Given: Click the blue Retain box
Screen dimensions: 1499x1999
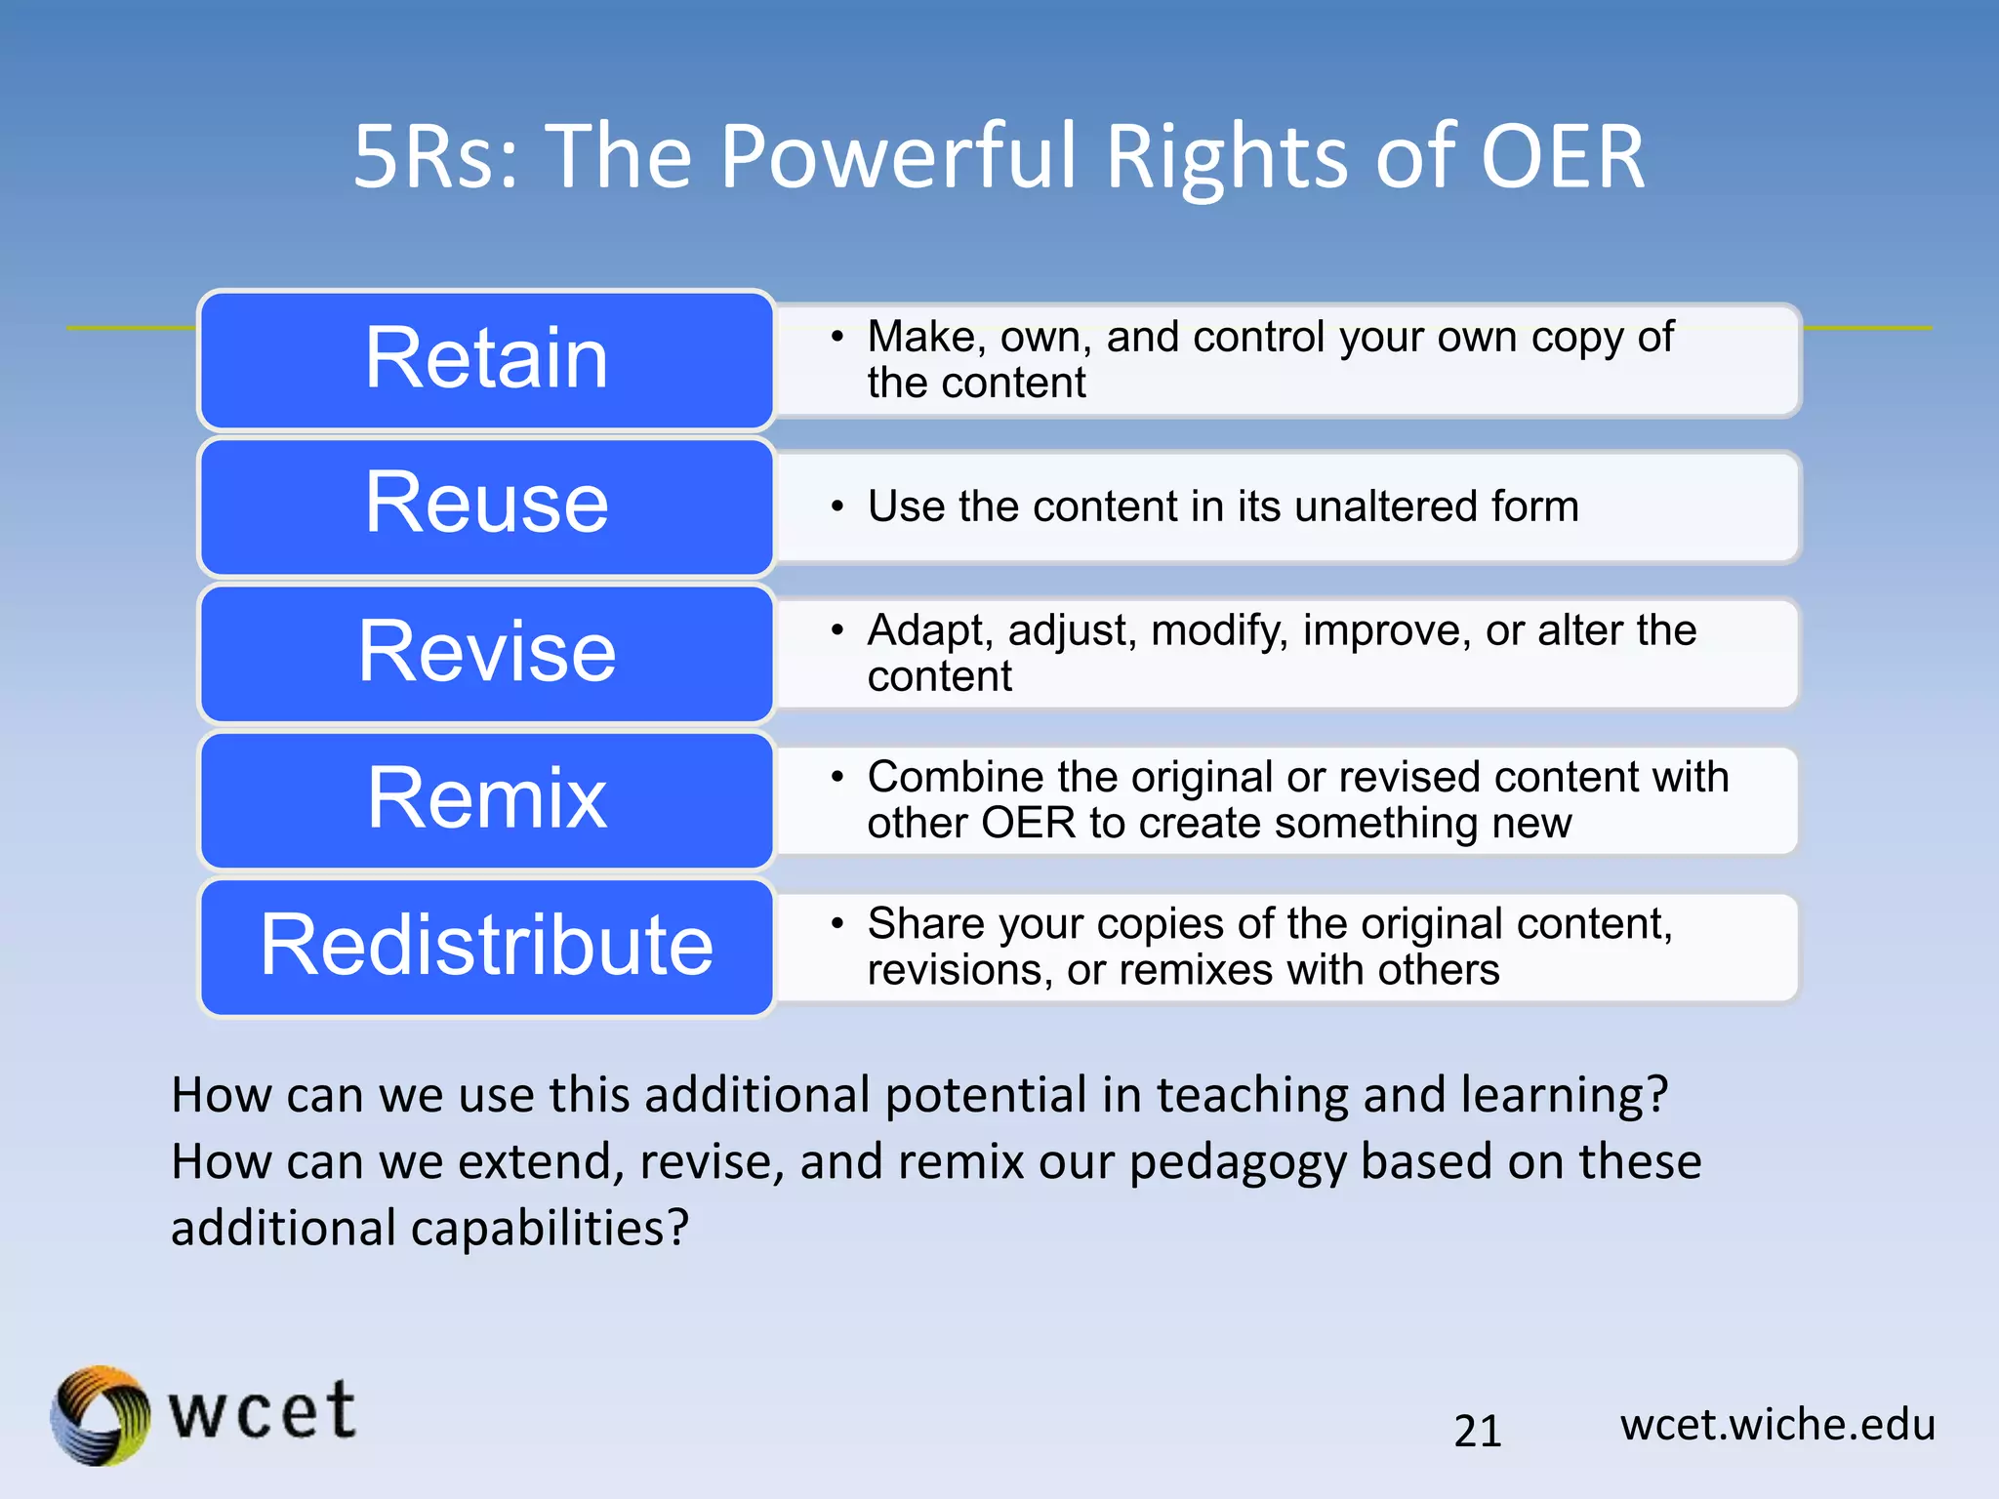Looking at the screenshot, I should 486,359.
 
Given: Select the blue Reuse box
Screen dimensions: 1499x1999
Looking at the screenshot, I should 486,506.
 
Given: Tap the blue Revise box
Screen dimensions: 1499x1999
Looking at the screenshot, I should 486,653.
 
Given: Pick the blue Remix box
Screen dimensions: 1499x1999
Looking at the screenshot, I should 486,799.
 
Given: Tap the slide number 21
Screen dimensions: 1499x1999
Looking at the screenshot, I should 1477,1431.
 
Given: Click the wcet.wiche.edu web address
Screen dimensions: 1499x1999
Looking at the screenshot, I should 1777,1425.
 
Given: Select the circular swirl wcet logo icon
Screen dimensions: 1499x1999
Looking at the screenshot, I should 101,1415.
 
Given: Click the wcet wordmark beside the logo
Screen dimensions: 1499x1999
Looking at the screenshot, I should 262,1412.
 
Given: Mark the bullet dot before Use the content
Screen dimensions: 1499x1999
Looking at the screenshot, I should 836,506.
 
